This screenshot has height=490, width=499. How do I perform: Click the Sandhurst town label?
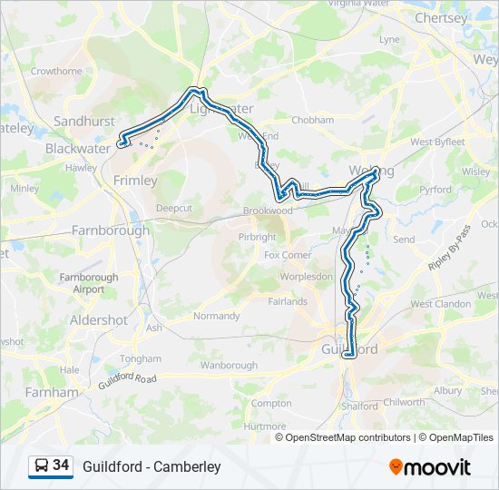pyautogui.click(x=84, y=121)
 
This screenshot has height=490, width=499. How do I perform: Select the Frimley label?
pyautogui.click(x=135, y=181)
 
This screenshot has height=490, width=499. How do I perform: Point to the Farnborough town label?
pyautogui.click(x=111, y=230)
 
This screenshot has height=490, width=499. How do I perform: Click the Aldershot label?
pyautogui.click(x=99, y=320)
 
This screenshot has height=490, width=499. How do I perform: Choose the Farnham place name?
pyautogui.click(x=52, y=393)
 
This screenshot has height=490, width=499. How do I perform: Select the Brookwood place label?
pyautogui.click(x=268, y=211)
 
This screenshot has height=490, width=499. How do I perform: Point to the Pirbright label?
pyautogui.click(x=257, y=237)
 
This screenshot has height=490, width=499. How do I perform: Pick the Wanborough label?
pyautogui.click(x=229, y=365)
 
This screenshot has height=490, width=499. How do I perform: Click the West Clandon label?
pyautogui.click(x=441, y=304)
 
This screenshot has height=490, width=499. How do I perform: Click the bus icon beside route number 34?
pyautogui.click(x=41, y=466)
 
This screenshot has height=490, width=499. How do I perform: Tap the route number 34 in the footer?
pyautogui.click(x=61, y=465)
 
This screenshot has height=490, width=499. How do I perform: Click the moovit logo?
pyautogui.click(x=430, y=467)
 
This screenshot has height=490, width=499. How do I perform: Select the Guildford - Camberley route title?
pyautogui.click(x=152, y=466)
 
